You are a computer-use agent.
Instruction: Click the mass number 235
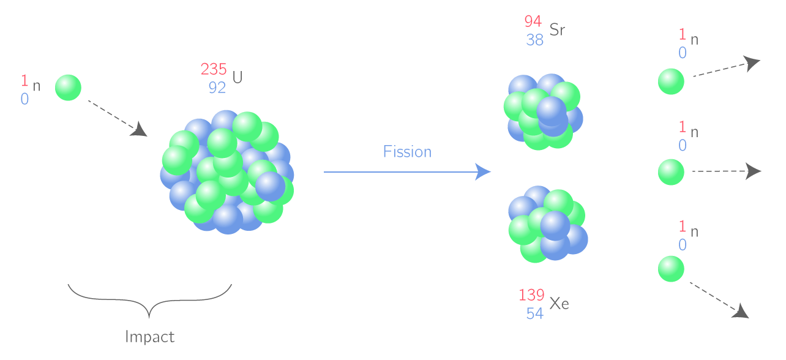coord(214,69)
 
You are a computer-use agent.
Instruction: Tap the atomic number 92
coord(217,88)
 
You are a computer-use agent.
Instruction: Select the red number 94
coord(533,21)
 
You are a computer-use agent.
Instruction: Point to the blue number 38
coord(534,40)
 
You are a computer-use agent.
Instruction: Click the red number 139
coord(531,295)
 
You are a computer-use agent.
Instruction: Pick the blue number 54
coord(534,313)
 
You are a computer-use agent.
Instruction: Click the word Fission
coord(407,152)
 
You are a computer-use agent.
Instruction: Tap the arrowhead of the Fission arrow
coord(484,172)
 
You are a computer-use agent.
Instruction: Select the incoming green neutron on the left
coord(68,88)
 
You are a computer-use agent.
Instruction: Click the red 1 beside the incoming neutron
coord(24,80)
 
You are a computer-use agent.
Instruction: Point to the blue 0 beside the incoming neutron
coord(24,99)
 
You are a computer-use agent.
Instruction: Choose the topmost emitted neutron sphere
coord(671,81)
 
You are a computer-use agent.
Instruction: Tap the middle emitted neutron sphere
coord(671,172)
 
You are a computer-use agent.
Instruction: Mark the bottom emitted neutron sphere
coord(671,269)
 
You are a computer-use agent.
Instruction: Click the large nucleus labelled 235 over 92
coord(227,172)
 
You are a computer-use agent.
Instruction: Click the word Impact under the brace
coord(149,337)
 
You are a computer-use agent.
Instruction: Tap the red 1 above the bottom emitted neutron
coord(682,227)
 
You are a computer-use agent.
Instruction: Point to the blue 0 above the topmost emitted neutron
coord(682,53)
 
